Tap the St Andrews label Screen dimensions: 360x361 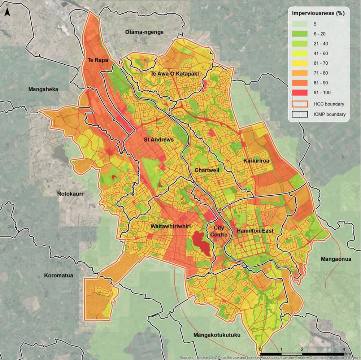158,139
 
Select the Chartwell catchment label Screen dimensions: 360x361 207,170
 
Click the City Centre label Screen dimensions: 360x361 219,231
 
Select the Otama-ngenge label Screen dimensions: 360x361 144,32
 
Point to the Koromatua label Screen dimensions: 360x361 58,275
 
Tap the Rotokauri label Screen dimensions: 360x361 70,194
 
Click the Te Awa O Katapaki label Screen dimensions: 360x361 175,74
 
